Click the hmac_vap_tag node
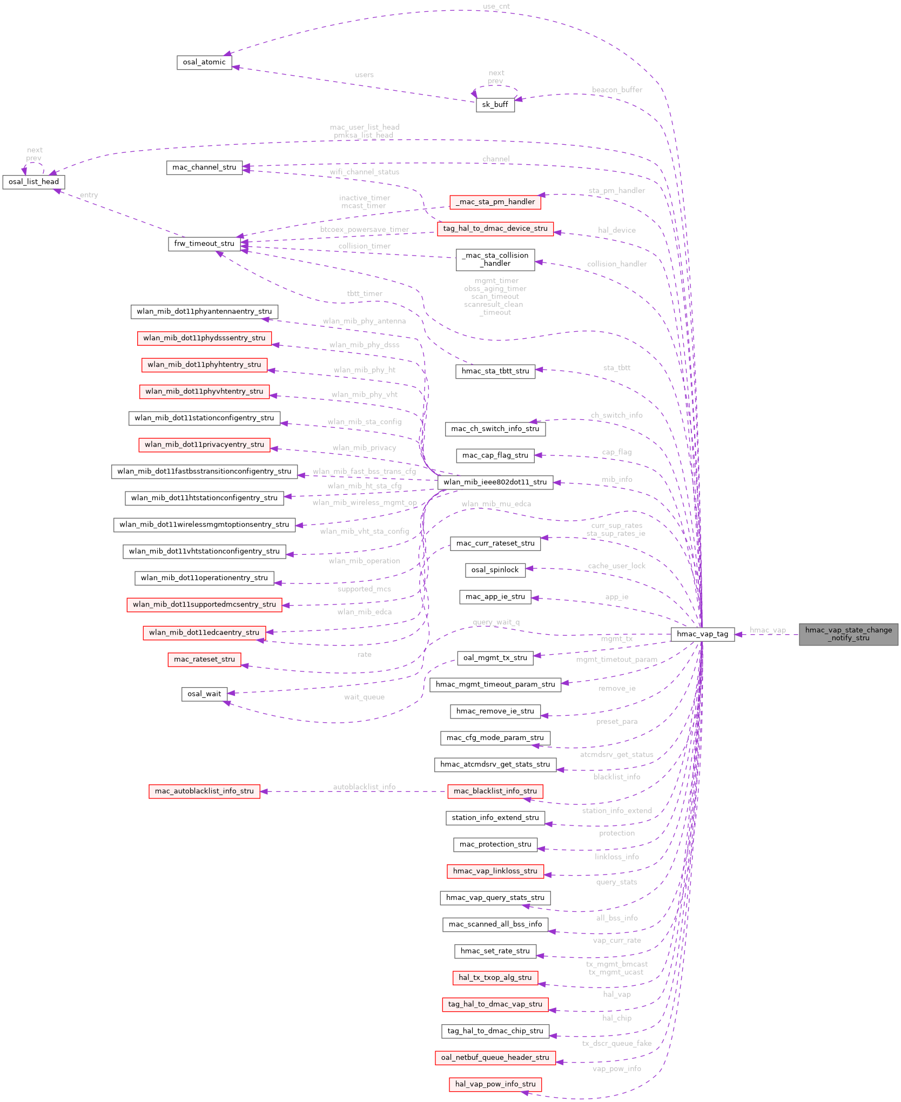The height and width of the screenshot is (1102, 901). (x=702, y=634)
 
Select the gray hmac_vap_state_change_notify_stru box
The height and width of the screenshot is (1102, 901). (x=848, y=634)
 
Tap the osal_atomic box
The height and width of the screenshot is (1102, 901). (x=204, y=62)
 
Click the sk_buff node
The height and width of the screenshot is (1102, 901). (x=495, y=105)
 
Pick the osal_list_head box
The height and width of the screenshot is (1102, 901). (x=33, y=182)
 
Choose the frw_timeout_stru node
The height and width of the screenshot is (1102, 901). (x=204, y=244)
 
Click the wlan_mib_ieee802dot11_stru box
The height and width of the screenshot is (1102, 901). (x=495, y=482)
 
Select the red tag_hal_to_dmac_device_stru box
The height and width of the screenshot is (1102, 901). (x=495, y=229)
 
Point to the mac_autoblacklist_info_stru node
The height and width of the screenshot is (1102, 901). (x=204, y=791)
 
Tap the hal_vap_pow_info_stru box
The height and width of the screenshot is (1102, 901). (x=495, y=1084)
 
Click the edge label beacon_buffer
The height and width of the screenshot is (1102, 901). (x=617, y=90)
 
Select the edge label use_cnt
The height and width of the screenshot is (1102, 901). (x=496, y=6)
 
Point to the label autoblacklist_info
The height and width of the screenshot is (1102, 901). (x=364, y=787)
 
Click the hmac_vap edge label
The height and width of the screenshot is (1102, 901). (x=767, y=630)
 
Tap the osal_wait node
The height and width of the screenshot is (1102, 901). (x=204, y=694)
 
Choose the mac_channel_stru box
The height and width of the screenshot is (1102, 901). (x=204, y=167)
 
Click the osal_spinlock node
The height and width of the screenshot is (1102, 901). (x=495, y=570)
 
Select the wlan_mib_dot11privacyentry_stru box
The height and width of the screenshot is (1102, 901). (x=204, y=445)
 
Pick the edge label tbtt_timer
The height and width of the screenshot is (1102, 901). (x=365, y=293)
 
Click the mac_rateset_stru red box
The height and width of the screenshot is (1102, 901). (x=204, y=659)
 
